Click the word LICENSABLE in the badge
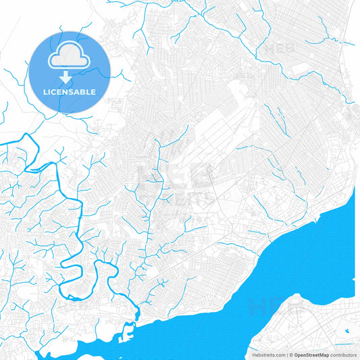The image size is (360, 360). (70, 92)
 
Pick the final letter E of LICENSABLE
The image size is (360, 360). (93, 92)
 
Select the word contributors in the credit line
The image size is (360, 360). (343, 355)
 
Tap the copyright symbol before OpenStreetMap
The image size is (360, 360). (290, 355)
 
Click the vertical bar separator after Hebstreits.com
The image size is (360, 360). (285, 355)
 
